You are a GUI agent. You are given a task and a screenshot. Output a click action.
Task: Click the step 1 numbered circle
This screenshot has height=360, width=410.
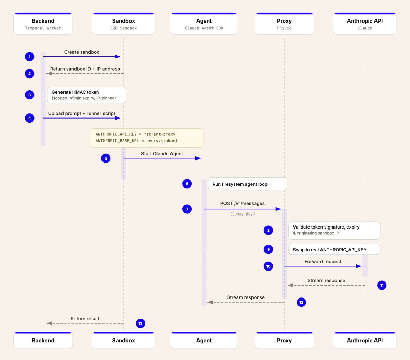[30, 57]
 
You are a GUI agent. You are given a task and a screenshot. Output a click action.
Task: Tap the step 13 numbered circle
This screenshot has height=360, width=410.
[140, 323]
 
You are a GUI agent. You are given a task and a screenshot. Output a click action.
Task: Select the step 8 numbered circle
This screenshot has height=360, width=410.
[268, 231]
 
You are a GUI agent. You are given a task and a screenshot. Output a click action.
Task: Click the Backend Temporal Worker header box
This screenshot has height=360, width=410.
[43, 24]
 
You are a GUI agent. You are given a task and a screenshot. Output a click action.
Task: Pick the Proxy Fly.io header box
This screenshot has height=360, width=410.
[284, 24]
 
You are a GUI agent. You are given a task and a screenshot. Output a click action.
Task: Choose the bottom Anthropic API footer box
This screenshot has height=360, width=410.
[365, 341]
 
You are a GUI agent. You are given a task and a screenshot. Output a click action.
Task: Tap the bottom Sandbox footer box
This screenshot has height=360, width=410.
[123, 341]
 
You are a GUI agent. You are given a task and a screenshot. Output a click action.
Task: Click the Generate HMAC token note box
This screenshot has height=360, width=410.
[86, 95]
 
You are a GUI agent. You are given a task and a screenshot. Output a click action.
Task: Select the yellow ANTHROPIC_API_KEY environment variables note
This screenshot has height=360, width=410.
[146, 138]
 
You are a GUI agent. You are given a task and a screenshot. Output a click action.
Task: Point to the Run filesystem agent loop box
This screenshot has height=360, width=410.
[247, 184]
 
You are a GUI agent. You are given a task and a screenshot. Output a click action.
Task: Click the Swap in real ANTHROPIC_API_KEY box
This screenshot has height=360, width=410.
[334, 250]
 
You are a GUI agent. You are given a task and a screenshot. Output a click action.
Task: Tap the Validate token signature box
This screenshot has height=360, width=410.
[334, 230]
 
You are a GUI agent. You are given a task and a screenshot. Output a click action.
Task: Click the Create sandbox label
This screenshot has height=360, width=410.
[82, 52]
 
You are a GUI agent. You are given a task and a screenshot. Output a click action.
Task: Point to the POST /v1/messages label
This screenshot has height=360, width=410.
[242, 203]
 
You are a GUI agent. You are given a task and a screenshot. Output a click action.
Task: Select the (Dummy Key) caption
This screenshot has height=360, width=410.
[242, 214]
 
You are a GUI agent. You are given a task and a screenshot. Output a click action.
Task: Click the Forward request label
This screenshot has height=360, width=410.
[323, 262]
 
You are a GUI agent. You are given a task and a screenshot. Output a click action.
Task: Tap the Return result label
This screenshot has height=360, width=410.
[85, 319]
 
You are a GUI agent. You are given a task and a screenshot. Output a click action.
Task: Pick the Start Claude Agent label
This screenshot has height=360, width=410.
[162, 154]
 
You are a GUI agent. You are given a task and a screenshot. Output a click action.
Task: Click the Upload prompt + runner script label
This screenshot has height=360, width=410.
[82, 113]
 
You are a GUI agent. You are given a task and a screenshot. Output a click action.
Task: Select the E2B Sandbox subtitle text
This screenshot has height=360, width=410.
[123, 28]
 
